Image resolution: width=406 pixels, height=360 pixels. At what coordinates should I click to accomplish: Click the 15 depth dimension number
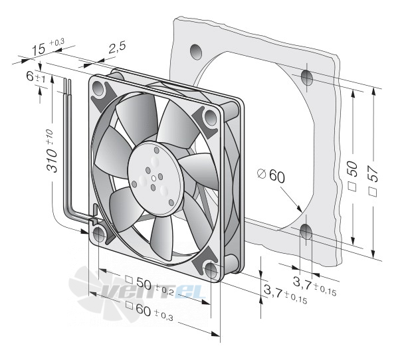tap(38, 49)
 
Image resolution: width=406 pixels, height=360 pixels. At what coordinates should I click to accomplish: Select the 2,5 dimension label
tap(117, 47)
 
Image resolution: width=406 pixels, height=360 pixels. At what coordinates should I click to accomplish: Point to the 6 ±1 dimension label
tap(35, 78)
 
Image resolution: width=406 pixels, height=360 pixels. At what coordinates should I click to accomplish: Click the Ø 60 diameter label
tap(271, 175)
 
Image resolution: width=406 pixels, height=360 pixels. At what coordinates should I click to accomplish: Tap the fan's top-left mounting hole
tap(98, 88)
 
